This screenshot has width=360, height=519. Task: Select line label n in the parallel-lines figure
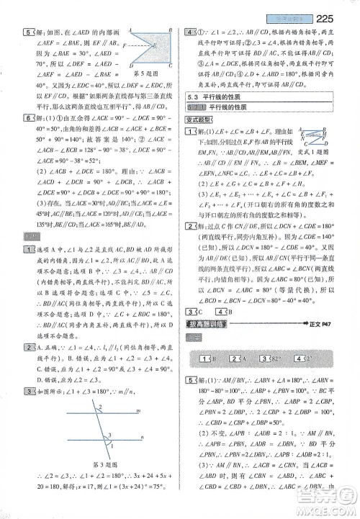[x=142, y=437]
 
